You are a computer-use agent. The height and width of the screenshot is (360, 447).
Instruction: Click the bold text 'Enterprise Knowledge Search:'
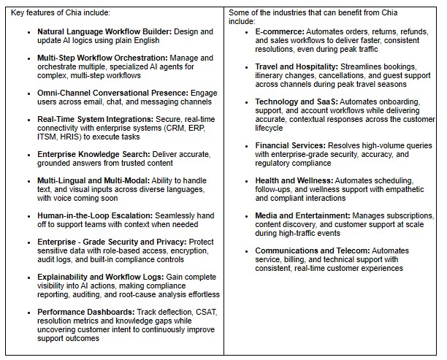(x=93, y=154)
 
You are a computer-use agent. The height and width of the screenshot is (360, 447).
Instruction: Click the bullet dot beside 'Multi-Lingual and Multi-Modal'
(x=28, y=180)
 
